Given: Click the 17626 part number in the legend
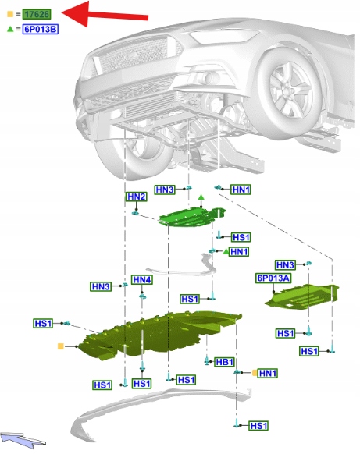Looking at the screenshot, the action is pos(37,14).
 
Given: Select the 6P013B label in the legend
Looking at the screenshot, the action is pos(41,29).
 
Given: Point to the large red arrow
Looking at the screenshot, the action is pos(105,15).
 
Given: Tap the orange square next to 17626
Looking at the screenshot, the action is pos(10,14).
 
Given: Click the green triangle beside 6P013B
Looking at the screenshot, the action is pos(10,29).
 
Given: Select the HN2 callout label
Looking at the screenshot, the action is pos(136,197).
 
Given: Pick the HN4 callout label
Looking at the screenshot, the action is pos(142,280).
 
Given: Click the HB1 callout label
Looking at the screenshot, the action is pos(225,362).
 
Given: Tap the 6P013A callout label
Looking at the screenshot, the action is pos(273,278).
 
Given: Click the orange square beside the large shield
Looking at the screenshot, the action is pos(61,346).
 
